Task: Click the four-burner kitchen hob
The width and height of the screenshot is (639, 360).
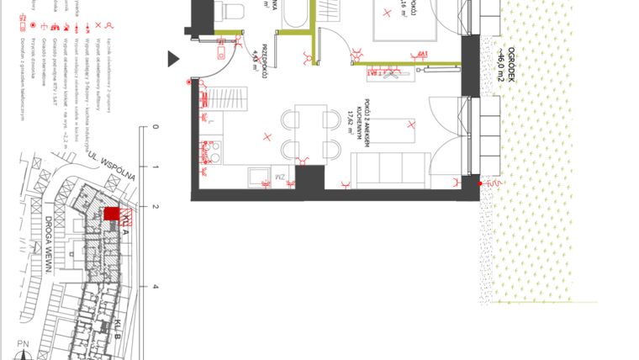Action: (213, 151)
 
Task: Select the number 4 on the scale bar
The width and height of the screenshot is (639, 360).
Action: (155, 287)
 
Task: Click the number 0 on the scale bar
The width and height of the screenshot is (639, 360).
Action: (155, 128)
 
